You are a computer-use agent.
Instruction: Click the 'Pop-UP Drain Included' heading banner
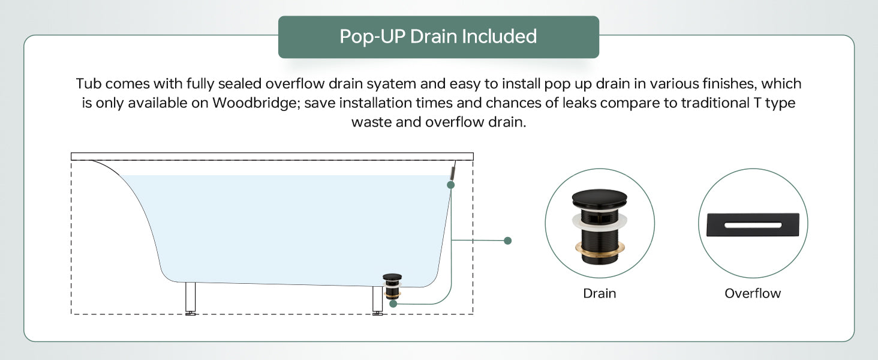[438, 37]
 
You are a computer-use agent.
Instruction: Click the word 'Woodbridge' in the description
[256, 103]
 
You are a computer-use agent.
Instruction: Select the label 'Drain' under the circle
[599, 293]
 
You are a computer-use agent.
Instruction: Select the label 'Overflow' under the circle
[753, 293]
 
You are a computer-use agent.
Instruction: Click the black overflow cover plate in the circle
[753, 225]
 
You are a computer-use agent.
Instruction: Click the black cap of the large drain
[599, 199]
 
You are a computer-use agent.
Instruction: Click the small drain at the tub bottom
[392, 286]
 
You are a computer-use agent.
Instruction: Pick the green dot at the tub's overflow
[451, 185]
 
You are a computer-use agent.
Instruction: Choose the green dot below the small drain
[393, 303]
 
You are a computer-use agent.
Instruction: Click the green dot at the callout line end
[507, 241]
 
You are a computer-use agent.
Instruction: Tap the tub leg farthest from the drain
[191, 298]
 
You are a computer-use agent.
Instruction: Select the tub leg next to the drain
[377, 300]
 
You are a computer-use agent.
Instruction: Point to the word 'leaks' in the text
[579, 103]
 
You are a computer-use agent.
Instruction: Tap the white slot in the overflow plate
[753, 225]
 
